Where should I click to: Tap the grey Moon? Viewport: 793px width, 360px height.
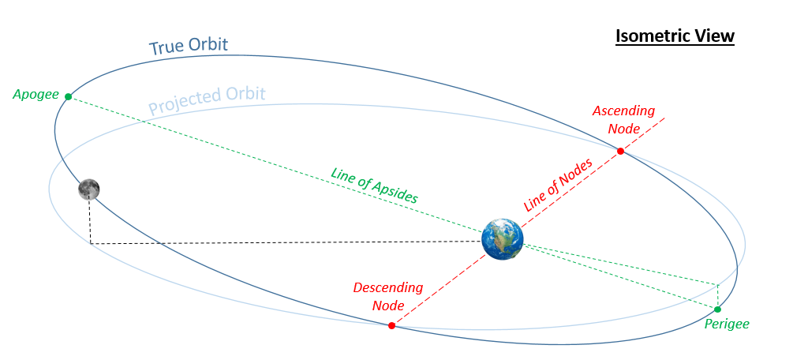pos(88,189)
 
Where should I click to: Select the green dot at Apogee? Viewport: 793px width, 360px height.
pos(68,96)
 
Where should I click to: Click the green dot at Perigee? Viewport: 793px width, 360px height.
pos(717,309)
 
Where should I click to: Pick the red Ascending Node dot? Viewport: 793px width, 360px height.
pos(621,151)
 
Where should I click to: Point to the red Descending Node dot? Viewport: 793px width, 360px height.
pos(391,325)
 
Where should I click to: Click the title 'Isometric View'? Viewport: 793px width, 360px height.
pos(675,36)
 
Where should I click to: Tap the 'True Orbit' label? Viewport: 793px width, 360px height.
pos(189,47)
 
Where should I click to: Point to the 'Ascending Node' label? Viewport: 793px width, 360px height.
pos(623,118)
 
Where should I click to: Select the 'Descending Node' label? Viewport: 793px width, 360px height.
pos(387,296)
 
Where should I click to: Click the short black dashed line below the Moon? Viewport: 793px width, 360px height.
pos(89,221)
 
